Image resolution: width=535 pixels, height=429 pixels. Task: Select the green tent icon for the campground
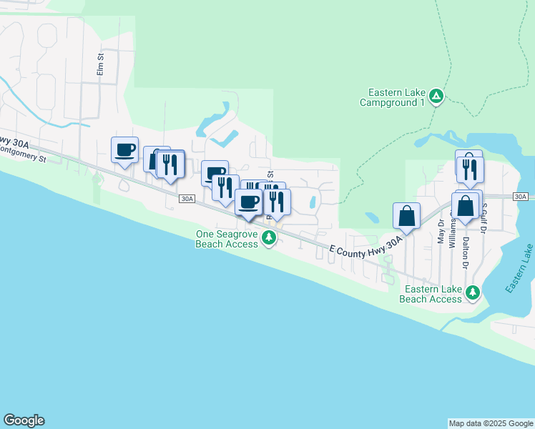click(437, 95)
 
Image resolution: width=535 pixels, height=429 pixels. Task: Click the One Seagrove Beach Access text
click(227, 239)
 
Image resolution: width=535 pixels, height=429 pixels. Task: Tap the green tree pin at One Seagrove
click(269, 237)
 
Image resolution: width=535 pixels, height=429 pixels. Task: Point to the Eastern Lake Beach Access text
click(433, 294)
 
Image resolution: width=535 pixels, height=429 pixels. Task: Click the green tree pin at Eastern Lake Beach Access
click(473, 292)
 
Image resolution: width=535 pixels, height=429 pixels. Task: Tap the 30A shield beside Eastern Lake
click(521, 196)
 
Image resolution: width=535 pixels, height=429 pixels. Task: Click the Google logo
click(24, 420)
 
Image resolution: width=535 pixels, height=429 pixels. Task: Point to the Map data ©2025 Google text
click(491, 423)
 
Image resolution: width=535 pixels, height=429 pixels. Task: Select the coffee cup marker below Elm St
click(124, 150)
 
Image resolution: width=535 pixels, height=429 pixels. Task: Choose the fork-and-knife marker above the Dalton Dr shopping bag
click(471, 169)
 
